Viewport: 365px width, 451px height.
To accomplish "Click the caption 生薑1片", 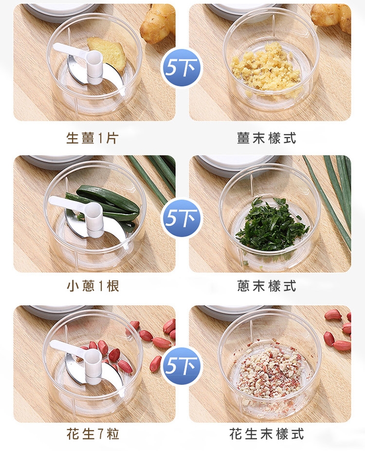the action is [x=92, y=138].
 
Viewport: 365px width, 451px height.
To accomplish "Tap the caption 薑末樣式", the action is [x=266, y=138].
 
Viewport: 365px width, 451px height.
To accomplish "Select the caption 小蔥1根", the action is [x=93, y=286].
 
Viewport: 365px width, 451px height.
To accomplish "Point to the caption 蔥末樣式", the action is [x=267, y=286].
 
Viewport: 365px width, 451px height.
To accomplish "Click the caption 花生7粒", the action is [x=93, y=434].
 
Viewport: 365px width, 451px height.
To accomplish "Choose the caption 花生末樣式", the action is [x=266, y=434].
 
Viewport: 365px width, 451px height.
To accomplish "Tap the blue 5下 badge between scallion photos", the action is [x=181, y=217].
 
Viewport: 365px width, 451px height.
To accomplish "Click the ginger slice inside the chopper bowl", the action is [x=107, y=53].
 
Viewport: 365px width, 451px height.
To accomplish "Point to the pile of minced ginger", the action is [x=267, y=69].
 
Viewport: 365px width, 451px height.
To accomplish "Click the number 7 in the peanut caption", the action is [x=100, y=434].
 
